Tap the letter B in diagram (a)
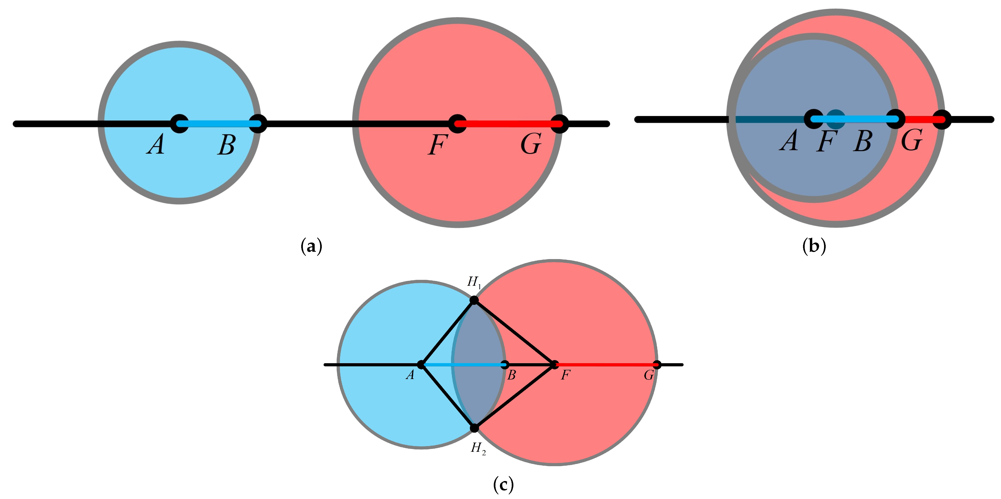point(227,145)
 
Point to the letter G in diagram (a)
point(531,144)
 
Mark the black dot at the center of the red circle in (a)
point(457,124)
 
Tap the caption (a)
point(311,247)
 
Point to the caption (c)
point(503,484)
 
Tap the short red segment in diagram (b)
point(919,119)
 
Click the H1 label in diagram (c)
point(474,282)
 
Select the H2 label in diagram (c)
point(478,448)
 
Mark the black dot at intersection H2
point(474,428)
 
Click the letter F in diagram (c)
point(565,375)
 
